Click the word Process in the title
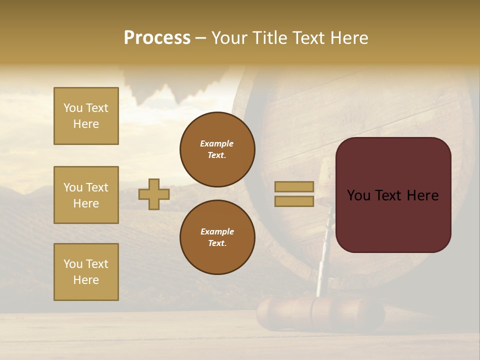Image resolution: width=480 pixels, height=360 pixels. tap(157, 38)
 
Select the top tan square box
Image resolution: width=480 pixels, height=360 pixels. tap(86, 116)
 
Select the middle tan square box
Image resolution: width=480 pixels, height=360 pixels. tap(86, 195)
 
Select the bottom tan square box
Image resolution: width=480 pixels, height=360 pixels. tap(86, 272)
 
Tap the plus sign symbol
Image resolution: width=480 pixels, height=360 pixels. tap(154, 194)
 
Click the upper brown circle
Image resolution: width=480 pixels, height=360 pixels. tap(217, 149)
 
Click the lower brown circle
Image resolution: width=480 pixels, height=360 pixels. tap(217, 237)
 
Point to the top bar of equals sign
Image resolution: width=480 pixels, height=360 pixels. tap(294, 187)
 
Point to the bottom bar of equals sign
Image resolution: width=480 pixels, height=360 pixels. tap(294, 201)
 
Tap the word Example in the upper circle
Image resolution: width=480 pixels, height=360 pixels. tap(216, 143)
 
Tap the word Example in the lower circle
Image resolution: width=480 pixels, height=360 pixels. tap(217, 231)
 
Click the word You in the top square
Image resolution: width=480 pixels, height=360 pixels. tap(73, 108)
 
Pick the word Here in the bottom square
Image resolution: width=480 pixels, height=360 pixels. tap(86, 280)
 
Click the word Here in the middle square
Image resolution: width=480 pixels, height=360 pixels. tap(86, 203)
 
